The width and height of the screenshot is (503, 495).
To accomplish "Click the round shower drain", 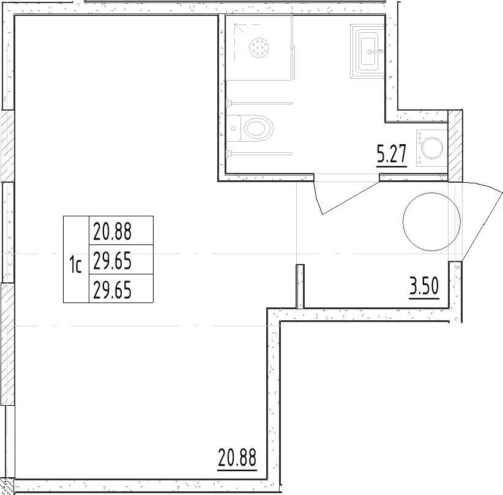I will click(260, 47).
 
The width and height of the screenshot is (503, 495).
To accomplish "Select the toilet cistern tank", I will click(234, 128).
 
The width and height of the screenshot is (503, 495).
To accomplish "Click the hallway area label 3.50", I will click(424, 286).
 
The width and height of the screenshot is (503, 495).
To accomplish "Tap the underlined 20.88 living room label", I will click(237, 458).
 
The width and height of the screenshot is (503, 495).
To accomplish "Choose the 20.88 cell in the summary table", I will click(113, 231).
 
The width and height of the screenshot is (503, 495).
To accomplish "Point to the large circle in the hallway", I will click(431, 221).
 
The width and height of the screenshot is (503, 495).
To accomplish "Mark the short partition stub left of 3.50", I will click(300, 286).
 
